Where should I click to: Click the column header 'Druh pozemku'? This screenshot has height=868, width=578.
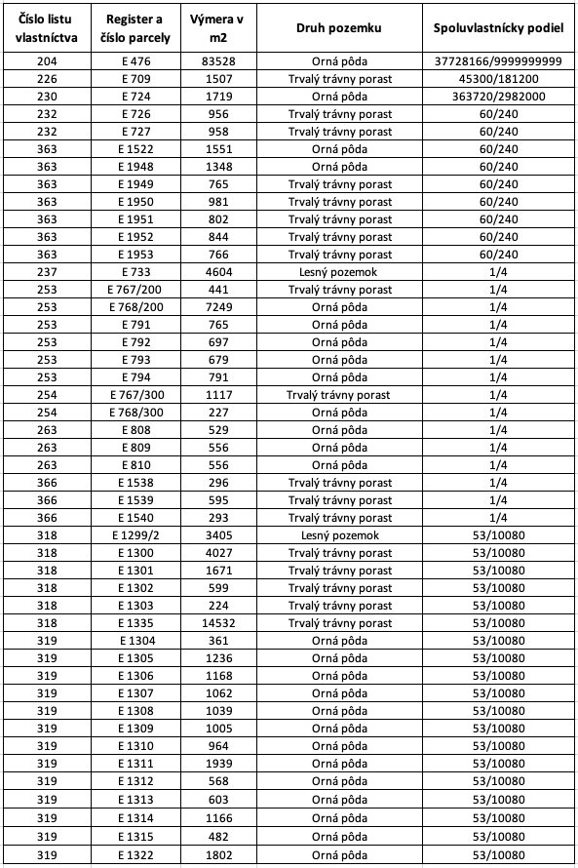click(x=338, y=27)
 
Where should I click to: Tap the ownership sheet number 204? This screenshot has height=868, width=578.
click(x=47, y=61)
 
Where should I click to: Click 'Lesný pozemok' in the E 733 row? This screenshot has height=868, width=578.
click(x=338, y=272)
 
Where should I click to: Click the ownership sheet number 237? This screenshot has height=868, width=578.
click(x=47, y=272)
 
